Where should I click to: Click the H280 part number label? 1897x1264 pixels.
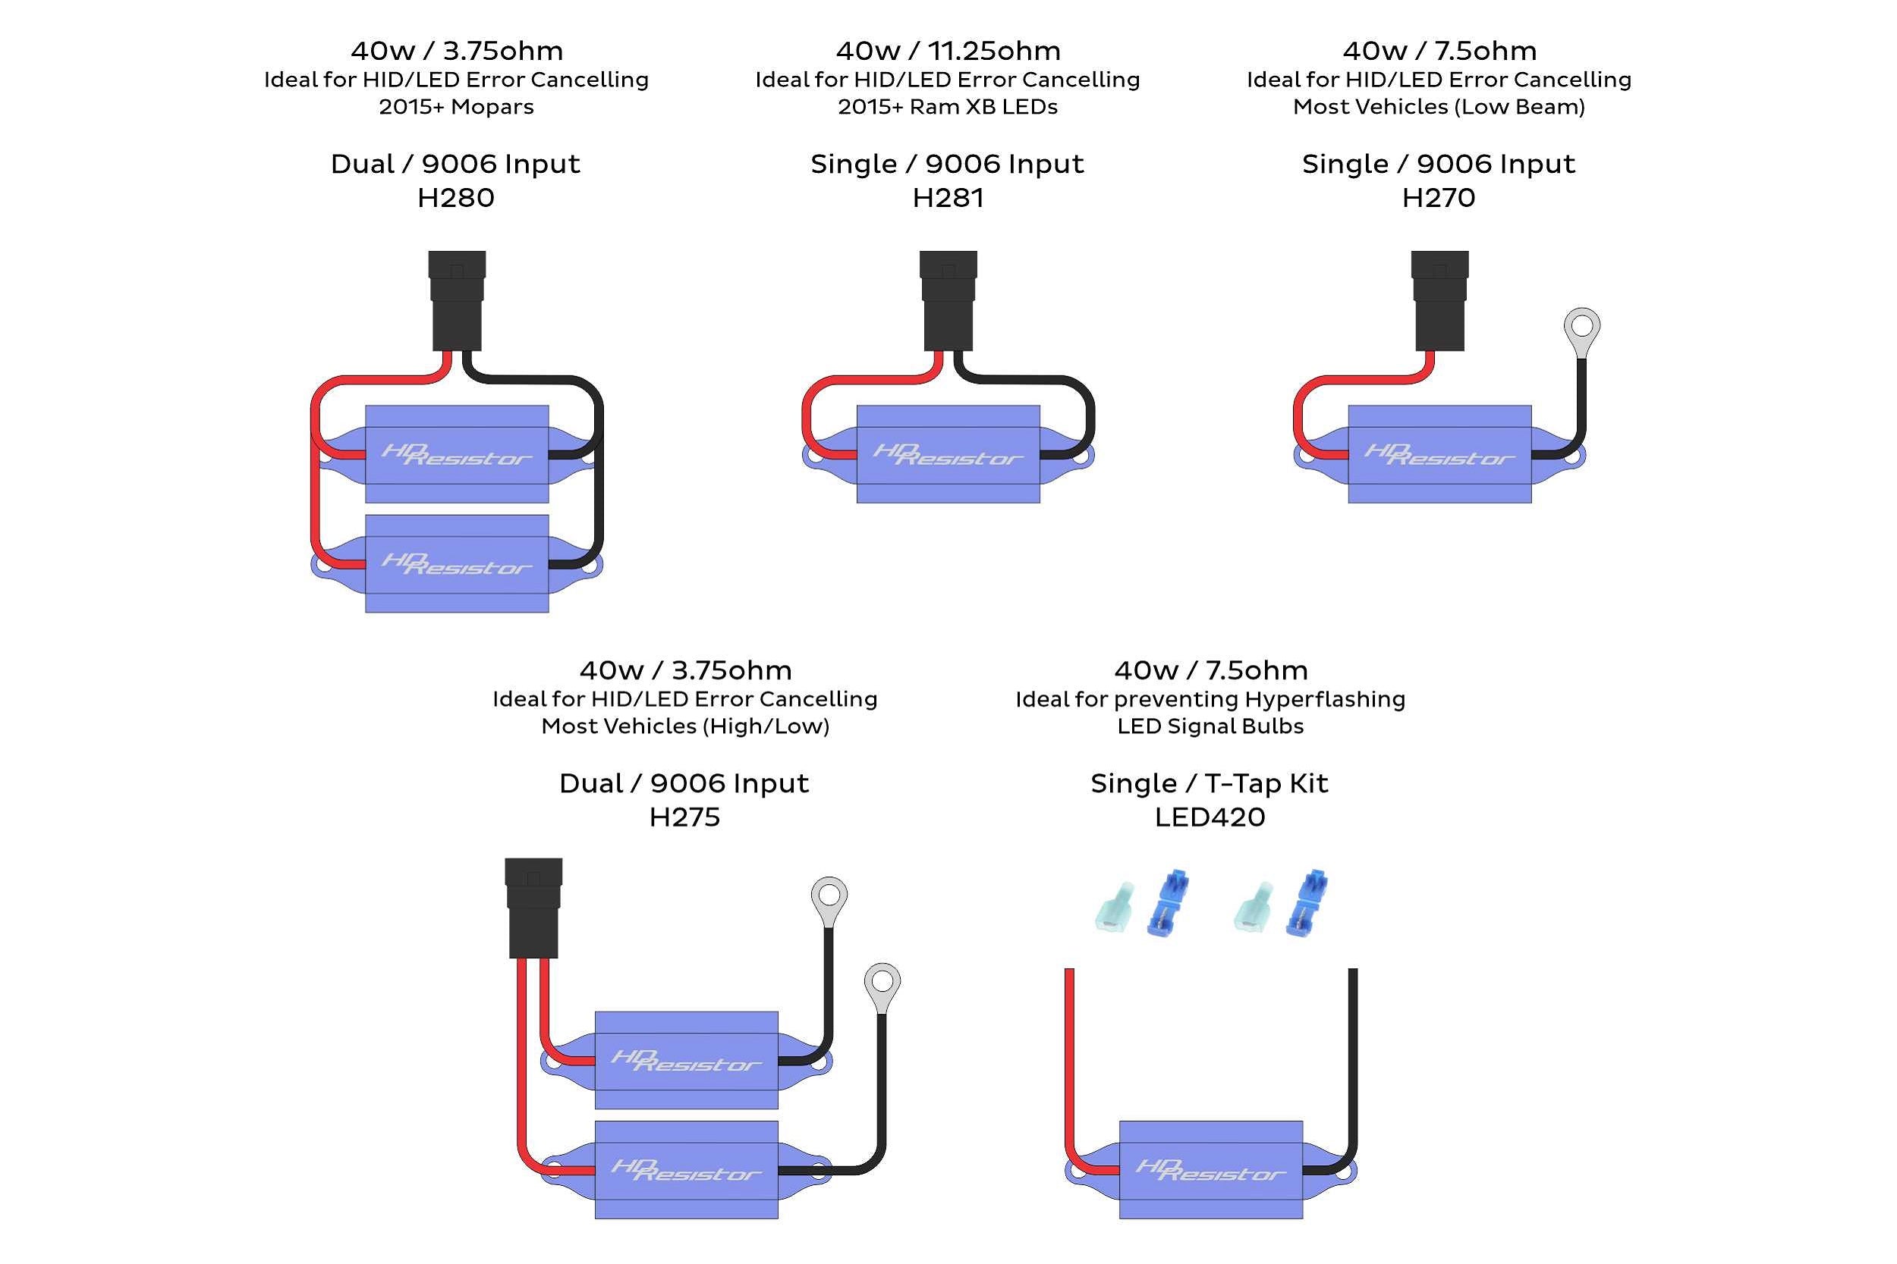[x=456, y=197]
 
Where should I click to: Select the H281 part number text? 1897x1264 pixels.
[x=948, y=197]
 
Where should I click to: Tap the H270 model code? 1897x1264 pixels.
[x=1438, y=197]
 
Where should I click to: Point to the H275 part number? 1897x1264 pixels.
[x=684, y=817]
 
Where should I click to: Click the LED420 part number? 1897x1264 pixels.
[x=1209, y=817]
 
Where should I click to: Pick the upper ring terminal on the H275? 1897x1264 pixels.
[x=829, y=896]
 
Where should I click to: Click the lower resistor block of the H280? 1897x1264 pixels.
[x=457, y=563]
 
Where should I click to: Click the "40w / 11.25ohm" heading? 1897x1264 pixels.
[x=948, y=51]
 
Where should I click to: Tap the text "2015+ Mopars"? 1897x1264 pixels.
[x=456, y=106]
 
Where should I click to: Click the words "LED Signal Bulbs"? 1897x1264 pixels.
[x=1210, y=726]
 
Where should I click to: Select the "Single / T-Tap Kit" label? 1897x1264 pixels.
[x=1209, y=783]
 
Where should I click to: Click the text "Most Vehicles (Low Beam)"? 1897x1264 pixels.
[x=1438, y=106]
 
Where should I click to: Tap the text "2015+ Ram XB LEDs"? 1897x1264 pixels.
[x=948, y=106]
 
